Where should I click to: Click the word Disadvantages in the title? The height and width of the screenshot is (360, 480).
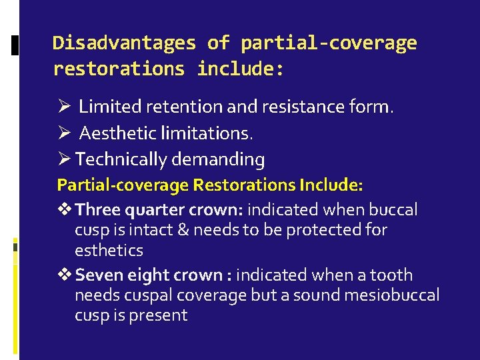(x=125, y=43)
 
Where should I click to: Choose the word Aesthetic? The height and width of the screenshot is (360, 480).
(x=117, y=133)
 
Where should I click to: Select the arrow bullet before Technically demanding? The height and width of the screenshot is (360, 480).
(x=64, y=160)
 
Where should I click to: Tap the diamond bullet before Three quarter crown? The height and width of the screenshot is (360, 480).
(x=65, y=210)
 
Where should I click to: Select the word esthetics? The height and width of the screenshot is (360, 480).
(x=109, y=251)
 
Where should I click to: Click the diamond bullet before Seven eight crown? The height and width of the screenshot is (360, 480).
(x=65, y=275)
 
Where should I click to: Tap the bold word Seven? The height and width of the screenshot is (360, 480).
(x=99, y=275)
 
